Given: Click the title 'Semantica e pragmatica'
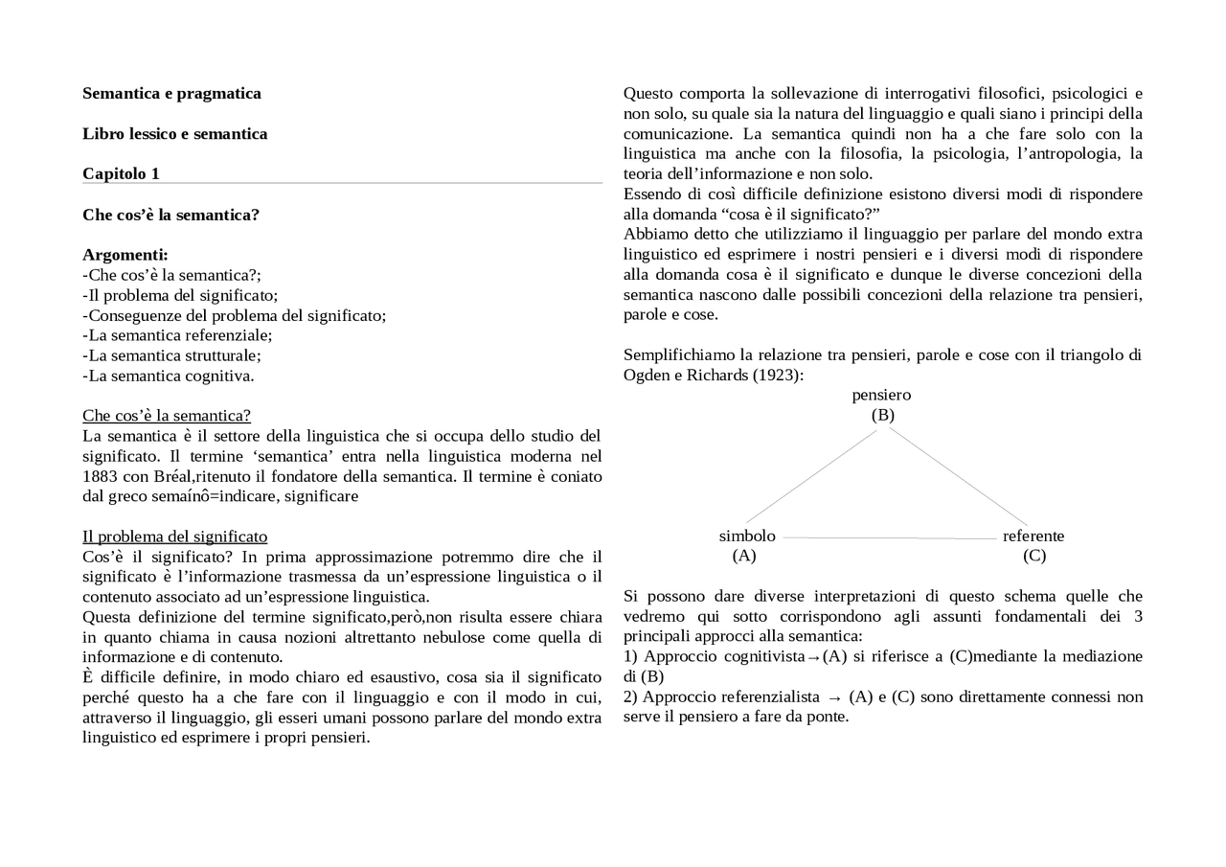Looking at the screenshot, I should pos(171,93).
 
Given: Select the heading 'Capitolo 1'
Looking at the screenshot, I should pos(121,173).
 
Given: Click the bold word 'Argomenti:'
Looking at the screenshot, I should pos(125,255).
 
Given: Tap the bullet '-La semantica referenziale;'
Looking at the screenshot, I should pos(177,335).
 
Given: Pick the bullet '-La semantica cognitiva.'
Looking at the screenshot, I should pos(169,376).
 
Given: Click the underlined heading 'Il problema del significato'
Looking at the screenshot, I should pos(174,536).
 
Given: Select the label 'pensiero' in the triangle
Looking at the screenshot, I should pos(881,395).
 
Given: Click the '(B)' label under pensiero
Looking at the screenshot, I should pos(882,415).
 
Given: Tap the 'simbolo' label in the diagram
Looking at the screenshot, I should pos(747,536).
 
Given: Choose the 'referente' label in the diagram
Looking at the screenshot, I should pos(1033,536).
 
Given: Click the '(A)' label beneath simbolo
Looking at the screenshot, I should pos(744,556).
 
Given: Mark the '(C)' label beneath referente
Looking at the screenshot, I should pos(1034,556).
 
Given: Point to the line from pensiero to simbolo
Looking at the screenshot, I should pos(810,476).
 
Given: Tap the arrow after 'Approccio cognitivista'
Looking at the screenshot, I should pos(813,657).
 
